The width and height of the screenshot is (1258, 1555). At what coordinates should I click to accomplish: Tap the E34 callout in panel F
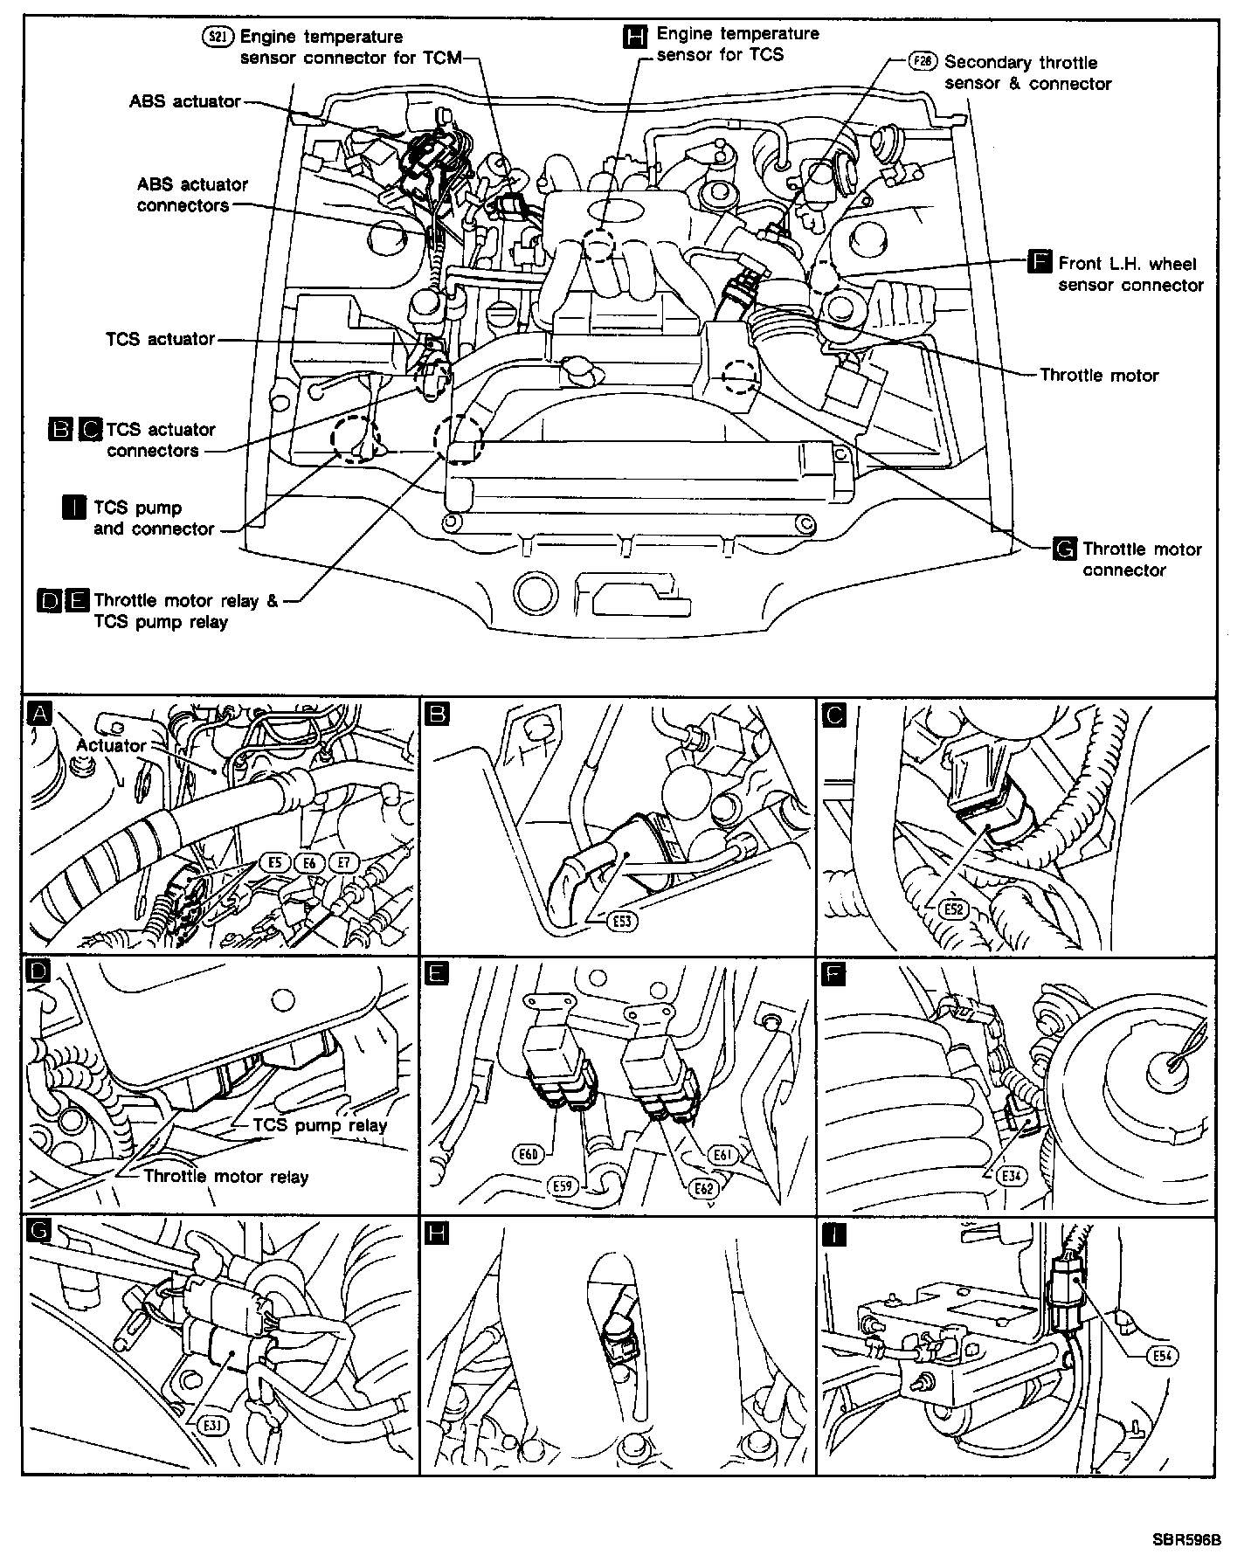point(1014,1175)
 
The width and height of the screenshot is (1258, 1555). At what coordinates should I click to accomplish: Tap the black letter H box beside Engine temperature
point(635,36)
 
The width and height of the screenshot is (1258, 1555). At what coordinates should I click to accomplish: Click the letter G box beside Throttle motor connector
point(1065,549)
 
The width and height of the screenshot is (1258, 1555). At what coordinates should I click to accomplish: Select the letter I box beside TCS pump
point(74,508)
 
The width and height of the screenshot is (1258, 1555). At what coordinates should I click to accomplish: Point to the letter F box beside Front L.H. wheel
point(1040,263)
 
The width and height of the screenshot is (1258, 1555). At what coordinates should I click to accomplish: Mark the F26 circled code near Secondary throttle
point(922,62)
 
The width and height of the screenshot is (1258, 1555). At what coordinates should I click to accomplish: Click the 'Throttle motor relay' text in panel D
point(226,1176)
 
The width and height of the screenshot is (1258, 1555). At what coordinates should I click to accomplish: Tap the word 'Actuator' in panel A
point(111,745)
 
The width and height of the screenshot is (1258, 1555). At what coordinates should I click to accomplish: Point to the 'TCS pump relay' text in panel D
point(320,1125)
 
